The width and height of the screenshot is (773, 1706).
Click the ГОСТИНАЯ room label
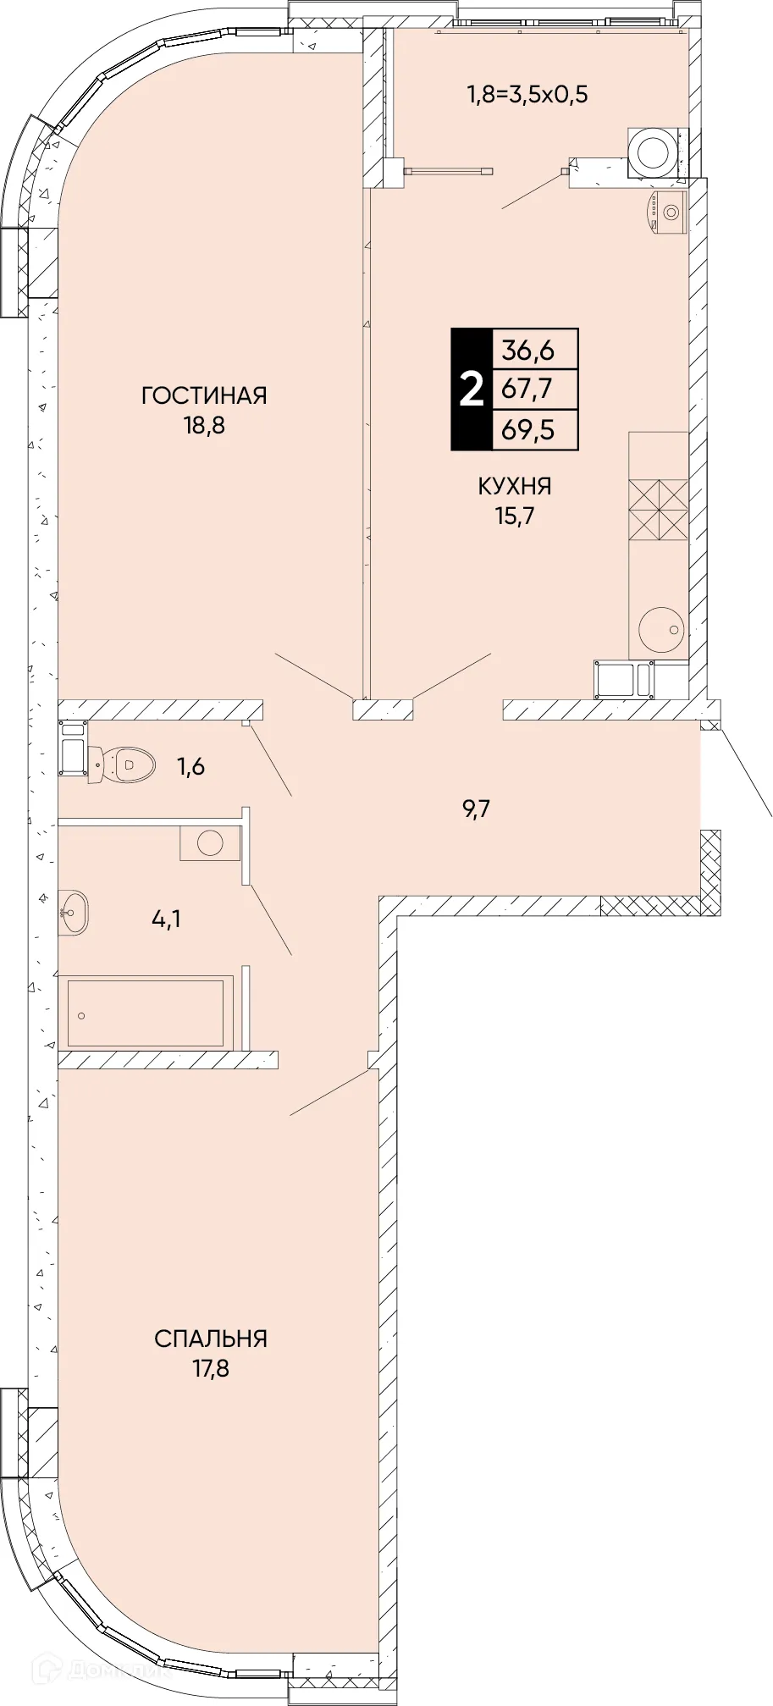204,395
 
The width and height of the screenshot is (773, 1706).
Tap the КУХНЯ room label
515,486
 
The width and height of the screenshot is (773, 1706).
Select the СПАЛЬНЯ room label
211,1339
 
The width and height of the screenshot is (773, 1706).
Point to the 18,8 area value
204,425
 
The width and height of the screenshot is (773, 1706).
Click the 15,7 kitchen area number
515,516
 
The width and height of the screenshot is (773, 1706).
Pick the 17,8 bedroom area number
211,1368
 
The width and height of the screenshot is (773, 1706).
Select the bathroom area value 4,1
166,918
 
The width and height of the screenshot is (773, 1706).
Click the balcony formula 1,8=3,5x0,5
527,94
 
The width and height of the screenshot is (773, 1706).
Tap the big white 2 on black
471,389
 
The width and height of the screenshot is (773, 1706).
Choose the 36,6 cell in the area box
527,349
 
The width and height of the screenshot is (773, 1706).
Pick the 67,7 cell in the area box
527,389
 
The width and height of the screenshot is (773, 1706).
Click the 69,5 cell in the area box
527,429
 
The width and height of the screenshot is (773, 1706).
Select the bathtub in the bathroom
146,1013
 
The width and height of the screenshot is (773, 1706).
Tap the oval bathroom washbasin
74,913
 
